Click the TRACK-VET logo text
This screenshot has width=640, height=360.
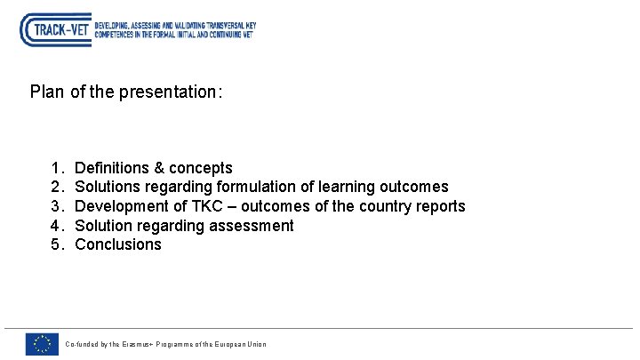(60, 30)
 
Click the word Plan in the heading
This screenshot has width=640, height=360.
(46, 92)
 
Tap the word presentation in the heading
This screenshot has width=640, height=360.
(166, 92)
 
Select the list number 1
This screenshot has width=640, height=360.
(56, 168)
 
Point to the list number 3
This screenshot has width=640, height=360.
(56, 206)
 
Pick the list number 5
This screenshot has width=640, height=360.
(56, 244)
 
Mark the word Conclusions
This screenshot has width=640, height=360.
(118, 244)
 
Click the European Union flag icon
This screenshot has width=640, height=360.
(41, 344)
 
